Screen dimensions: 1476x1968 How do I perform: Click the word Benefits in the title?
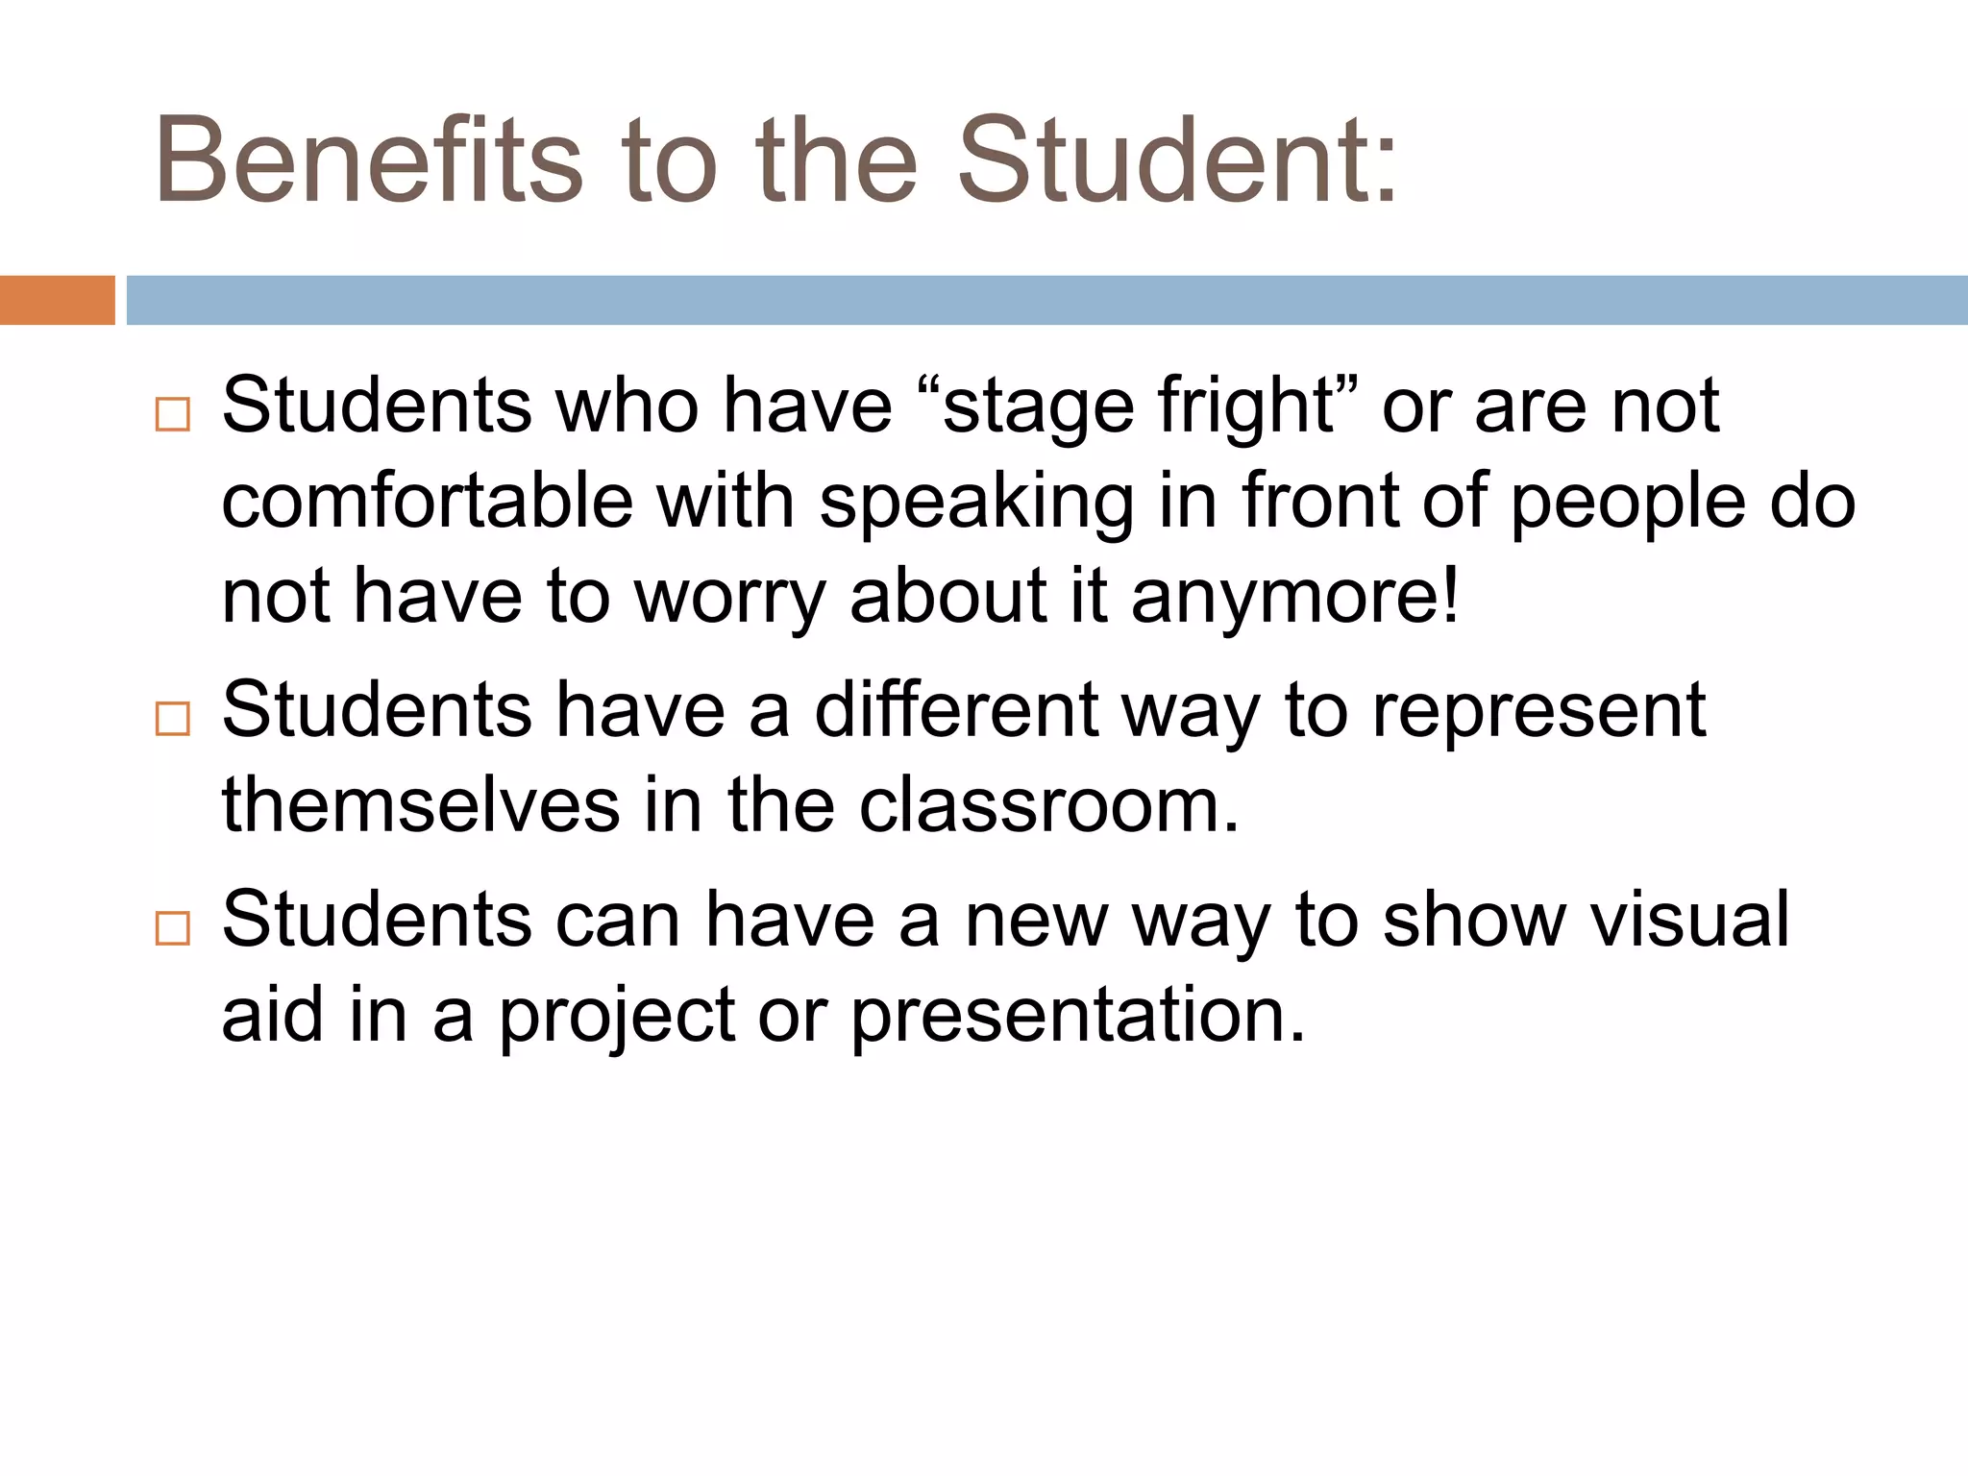click(x=369, y=160)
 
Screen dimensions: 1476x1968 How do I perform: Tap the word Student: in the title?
click(x=1176, y=160)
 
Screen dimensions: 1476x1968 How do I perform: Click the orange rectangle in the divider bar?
click(x=57, y=300)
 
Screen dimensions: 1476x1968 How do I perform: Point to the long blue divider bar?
click(x=1046, y=300)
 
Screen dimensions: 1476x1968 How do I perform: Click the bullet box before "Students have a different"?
click(x=172, y=718)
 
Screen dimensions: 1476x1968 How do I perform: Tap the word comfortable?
click(x=427, y=502)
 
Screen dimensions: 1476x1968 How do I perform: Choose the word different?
click(x=956, y=710)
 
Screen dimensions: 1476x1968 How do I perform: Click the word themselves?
click(x=421, y=805)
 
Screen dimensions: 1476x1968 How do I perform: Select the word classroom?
click(x=1048, y=805)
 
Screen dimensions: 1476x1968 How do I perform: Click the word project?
click(x=615, y=1017)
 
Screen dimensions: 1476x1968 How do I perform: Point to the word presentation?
click(x=1077, y=1017)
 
